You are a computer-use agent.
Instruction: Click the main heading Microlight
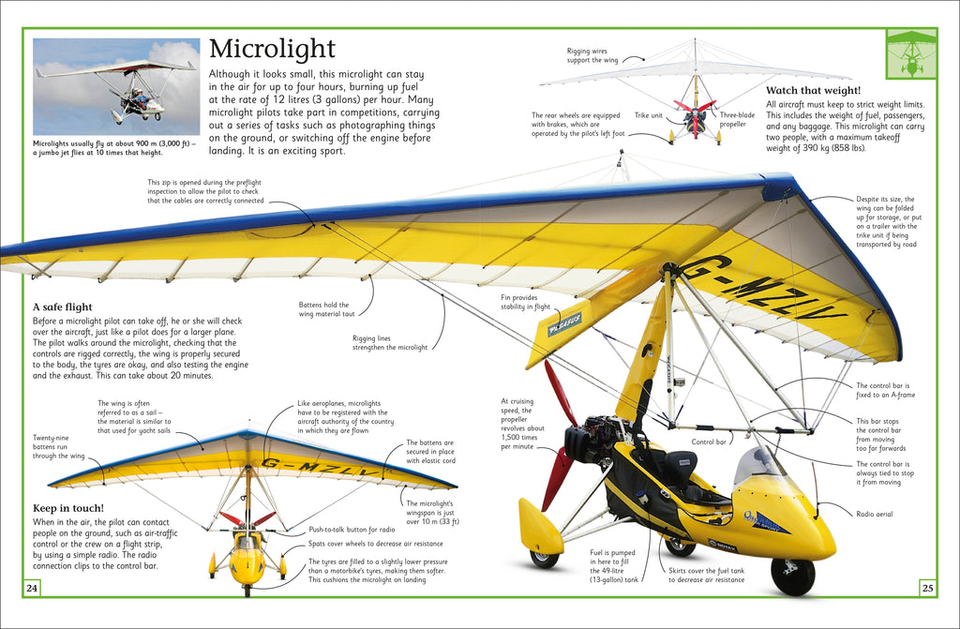click(x=271, y=49)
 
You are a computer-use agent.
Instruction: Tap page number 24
click(x=32, y=588)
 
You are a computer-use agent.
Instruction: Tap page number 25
click(x=927, y=588)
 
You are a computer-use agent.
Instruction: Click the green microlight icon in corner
click(x=909, y=52)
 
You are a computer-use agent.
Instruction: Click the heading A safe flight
click(x=63, y=307)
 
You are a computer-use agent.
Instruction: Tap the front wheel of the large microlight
click(x=792, y=575)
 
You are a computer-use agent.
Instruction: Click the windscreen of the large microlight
click(x=757, y=466)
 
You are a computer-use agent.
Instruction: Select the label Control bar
click(x=710, y=440)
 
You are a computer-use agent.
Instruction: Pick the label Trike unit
click(x=648, y=115)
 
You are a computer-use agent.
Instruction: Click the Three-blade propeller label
click(x=739, y=119)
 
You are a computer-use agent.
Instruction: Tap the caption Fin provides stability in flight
click(x=525, y=301)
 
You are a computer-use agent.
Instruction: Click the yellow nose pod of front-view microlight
click(x=247, y=562)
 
